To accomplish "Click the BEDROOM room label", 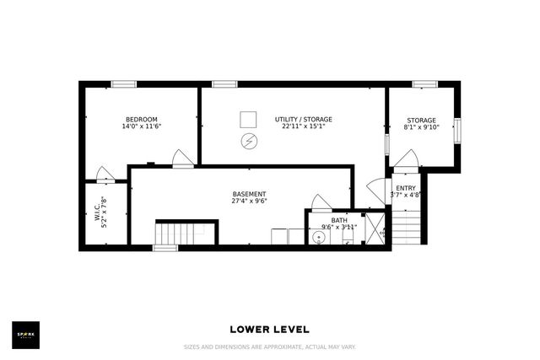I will (x=142, y=119).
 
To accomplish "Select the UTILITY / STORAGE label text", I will (x=303, y=119).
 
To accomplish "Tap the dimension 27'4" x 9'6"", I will (x=249, y=201).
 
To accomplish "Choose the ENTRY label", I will (x=405, y=188).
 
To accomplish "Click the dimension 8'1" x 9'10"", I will (x=421, y=127).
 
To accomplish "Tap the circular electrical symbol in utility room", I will (x=249, y=141).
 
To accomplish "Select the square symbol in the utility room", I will (x=249, y=118).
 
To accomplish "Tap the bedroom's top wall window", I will (x=124, y=83).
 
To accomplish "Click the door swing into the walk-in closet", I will (x=105, y=175).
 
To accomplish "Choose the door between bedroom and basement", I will (x=181, y=159).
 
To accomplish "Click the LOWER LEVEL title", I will (x=269, y=329).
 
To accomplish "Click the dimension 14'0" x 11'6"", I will (x=142, y=127).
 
